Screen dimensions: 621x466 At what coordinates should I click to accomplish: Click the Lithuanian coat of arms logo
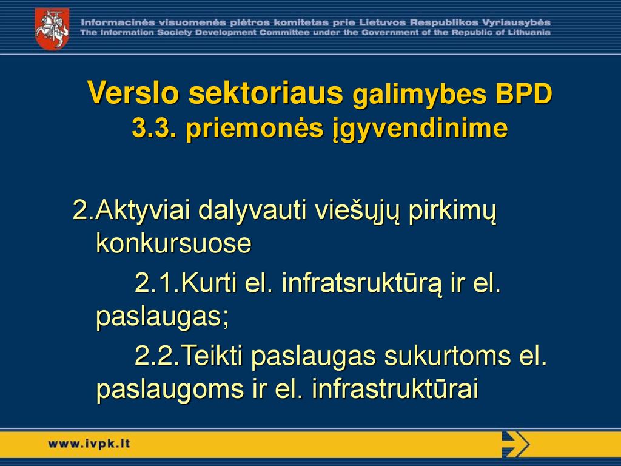pos(52,29)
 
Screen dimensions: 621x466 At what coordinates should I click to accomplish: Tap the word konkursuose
pos(174,243)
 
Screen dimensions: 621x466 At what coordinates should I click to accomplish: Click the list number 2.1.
pos(157,283)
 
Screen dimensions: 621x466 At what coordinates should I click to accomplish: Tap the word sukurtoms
pos(447,356)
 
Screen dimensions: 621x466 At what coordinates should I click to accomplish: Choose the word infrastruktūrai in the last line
pos(395,389)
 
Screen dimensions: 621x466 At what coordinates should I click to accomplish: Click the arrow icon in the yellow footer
pos(515,444)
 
